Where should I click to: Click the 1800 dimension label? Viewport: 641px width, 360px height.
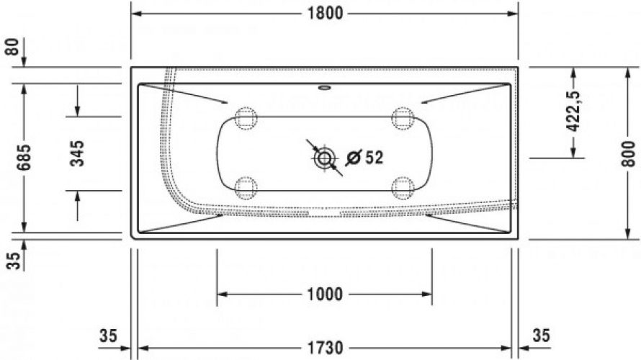click(x=325, y=14)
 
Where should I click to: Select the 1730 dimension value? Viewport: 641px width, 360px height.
click(x=325, y=348)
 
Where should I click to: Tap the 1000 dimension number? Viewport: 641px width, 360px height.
click(x=325, y=294)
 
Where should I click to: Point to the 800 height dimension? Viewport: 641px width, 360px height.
click(x=629, y=153)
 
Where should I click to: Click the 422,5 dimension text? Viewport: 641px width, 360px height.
click(x=574, y=111)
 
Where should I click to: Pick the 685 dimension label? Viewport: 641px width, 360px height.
click(x=24, y=158)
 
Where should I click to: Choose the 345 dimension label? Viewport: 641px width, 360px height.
click(x=77, y=153)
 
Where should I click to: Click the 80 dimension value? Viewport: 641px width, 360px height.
click(x=13, y=47)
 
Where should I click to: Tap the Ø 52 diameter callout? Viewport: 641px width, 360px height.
click(x=364, y=158)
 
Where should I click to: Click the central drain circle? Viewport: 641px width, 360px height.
click(x=325, y=158)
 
